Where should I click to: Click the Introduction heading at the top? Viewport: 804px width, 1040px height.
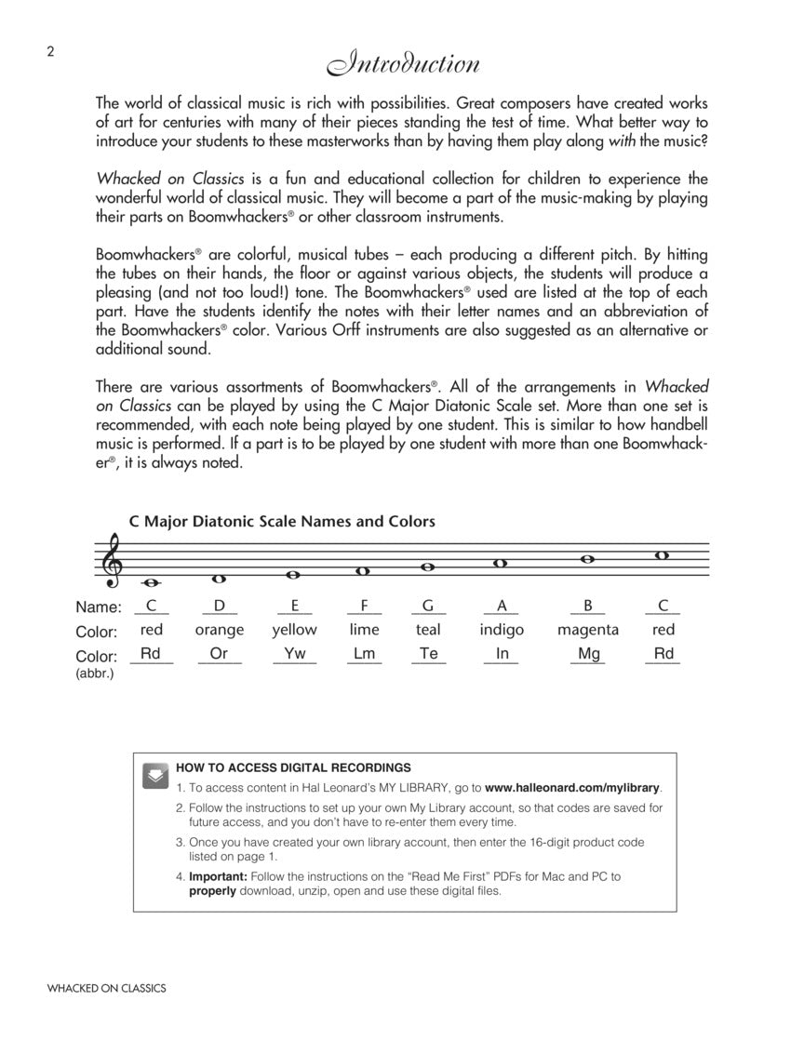coord(402,65)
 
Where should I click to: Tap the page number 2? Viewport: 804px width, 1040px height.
coord(50,52)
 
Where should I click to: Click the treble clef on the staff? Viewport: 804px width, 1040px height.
coord(114,561)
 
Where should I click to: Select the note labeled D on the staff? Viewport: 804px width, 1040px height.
coord(220,579)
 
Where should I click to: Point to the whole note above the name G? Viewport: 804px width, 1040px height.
coord(428,567)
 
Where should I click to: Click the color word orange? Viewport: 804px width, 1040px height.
coord(220,630)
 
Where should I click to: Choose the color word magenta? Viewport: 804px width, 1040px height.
coord(587,630)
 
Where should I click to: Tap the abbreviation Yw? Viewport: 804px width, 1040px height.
coord(294,654)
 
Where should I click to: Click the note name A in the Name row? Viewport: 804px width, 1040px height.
coord(502,606)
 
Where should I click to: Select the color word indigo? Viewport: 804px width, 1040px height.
coord(502,630)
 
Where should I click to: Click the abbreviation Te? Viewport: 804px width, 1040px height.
coord(428,654)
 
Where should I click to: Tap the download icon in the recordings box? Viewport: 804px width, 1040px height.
coord(155,776)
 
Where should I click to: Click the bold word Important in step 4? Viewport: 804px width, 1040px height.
coord(217,876)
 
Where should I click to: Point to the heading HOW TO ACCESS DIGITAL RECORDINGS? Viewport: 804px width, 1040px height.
coord(293,768)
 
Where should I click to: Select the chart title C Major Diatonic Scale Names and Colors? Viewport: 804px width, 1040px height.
coord(282,522)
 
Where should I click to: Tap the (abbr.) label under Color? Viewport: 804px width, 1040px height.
coord(95,673)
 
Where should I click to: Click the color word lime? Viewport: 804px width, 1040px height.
coord(364,630)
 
